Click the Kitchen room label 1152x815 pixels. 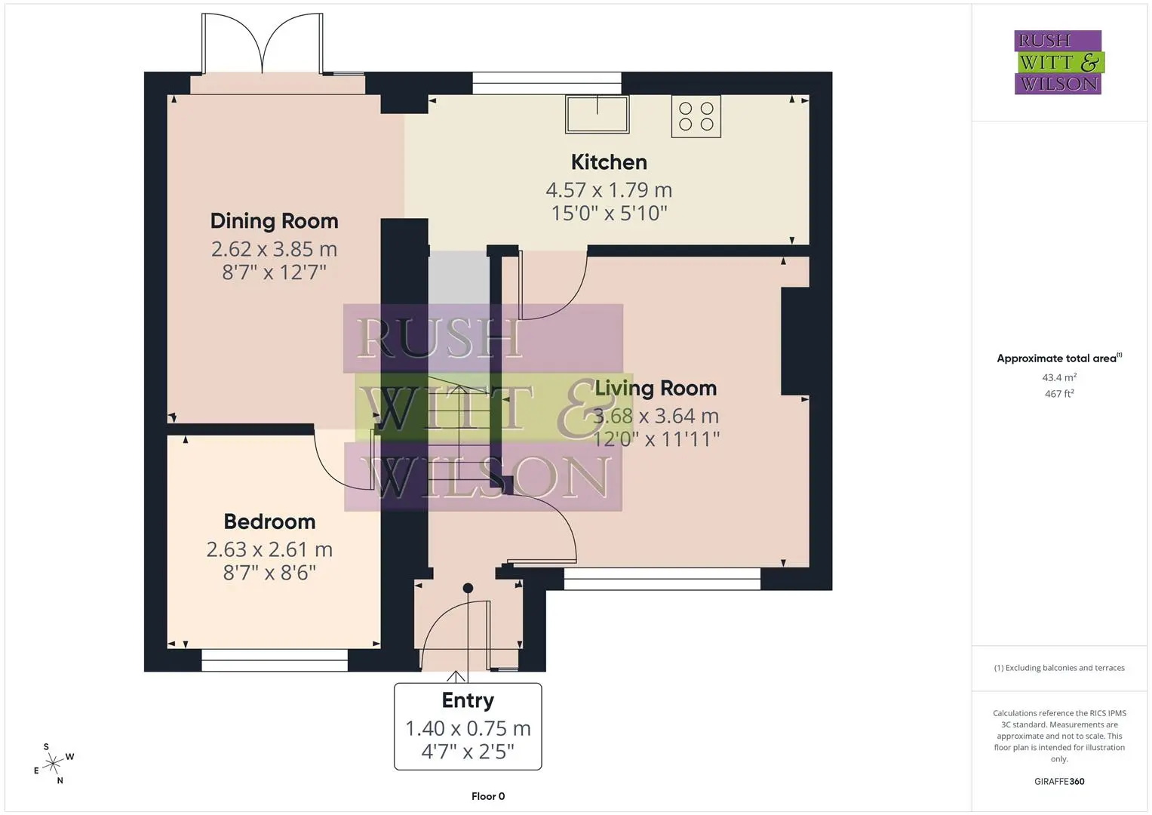point(609,162)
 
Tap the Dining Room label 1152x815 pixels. point(274,222)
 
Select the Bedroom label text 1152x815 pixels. point(269,521)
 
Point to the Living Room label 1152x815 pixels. point(656,389)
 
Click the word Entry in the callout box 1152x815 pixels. point(468,701)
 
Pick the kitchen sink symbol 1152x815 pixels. point(597,114)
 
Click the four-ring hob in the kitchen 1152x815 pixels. point(696,116)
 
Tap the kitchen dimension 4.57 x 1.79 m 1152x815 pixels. point(609,190)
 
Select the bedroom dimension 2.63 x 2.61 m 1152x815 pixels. point(269,549)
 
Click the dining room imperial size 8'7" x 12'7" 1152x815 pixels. point(274,272)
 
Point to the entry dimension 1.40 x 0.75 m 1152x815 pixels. point(468,728)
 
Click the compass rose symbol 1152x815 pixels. point(54,764)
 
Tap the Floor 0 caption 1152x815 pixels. point(488,796)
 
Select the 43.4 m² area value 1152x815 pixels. point(1059,377)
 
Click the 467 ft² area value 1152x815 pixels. point(1059,394)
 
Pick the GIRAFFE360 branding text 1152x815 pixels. point(1059,782)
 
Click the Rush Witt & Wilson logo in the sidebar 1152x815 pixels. point(1059,62)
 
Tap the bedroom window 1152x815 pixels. point(275,660)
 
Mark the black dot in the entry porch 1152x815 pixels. point(468,588)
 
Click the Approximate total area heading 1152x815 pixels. point(1059,358)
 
